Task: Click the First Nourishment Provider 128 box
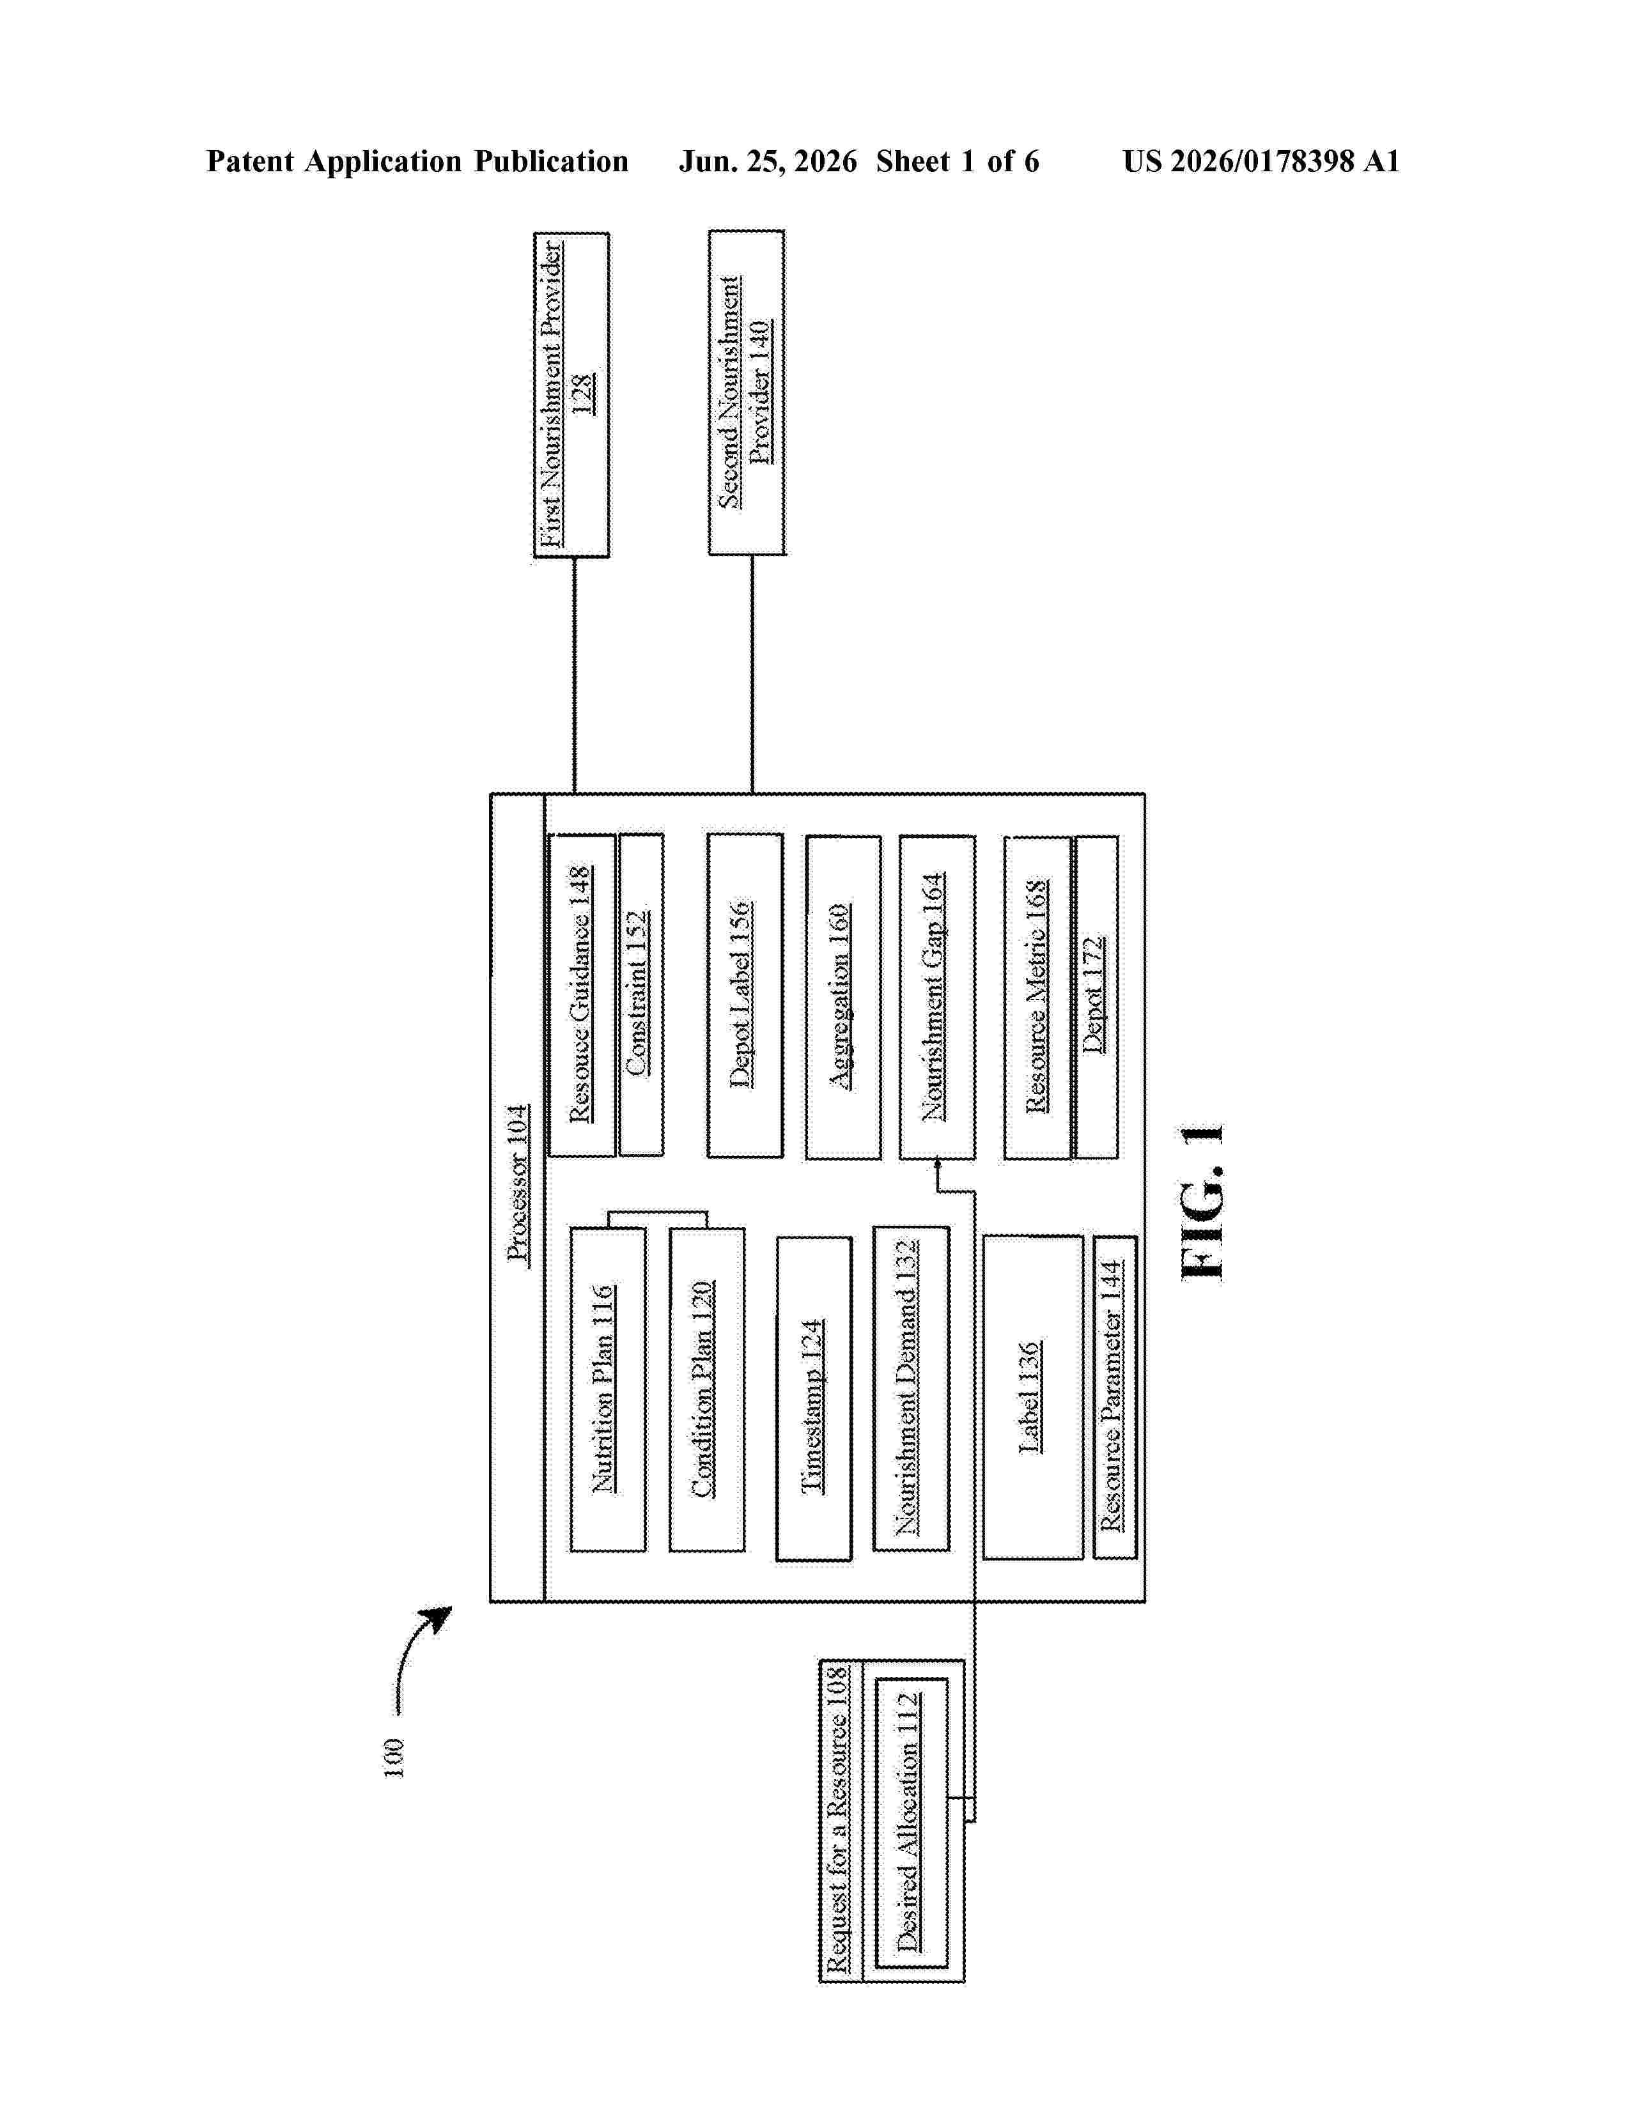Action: pos(571,395)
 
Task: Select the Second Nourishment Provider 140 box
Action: pos(747,392)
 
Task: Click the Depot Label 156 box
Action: pos(745,996)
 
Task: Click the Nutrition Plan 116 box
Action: pos(607,1389)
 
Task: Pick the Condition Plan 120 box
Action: pos(707,1389)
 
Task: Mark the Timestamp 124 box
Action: pos(814,1398)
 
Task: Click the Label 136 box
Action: pos(1032,1397)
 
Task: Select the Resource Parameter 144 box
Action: pos(1114,1397)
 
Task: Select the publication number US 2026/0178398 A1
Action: pos(1261,161)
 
